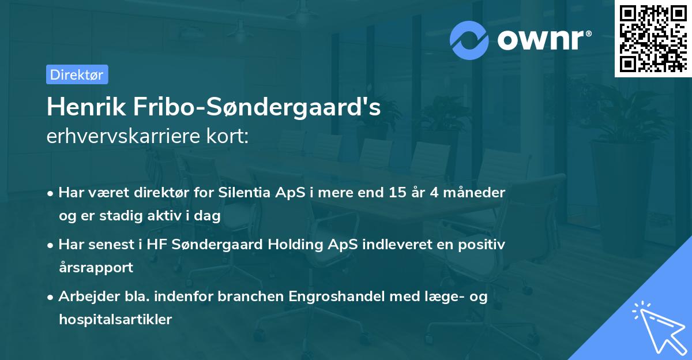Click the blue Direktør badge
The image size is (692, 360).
[x=77, y=74]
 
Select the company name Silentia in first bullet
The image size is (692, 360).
[x=243, y=193]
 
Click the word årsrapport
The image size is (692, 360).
[x=96, y=267]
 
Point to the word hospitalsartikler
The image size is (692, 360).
[x=115, y=320]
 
